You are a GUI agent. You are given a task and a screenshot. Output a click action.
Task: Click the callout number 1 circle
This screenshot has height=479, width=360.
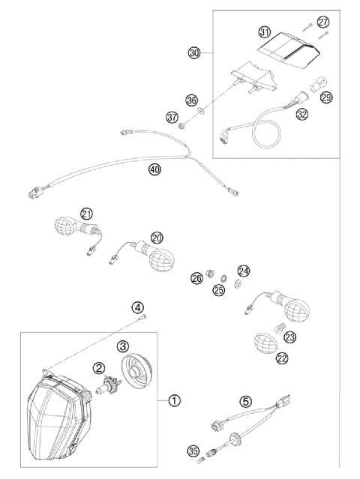click(174, 400)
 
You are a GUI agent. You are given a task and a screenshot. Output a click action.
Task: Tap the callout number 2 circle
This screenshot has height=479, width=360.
click(98, 367)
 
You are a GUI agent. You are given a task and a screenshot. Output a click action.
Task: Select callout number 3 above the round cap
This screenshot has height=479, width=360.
click(123, 346)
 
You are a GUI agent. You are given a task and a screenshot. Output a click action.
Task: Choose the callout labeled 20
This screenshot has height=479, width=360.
click(156, 238)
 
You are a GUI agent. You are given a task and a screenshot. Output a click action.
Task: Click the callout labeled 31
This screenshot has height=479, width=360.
click(264, 31)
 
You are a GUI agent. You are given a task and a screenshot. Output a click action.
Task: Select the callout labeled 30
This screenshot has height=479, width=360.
click(194, 52)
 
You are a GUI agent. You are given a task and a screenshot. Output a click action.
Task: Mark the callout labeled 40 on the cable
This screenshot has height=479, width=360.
click(154, 170)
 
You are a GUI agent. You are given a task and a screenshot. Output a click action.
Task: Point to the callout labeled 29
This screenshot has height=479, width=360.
click(325, 98)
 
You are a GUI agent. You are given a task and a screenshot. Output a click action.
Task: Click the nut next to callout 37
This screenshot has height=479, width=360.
click(184, 118)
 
